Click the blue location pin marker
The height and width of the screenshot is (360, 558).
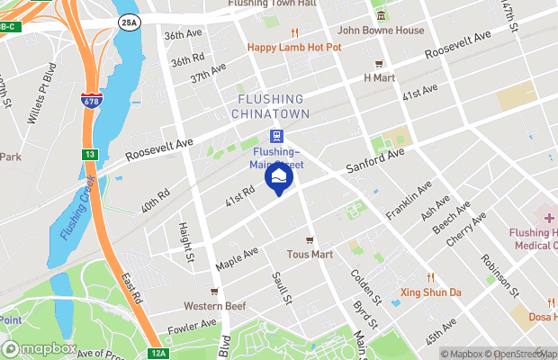click(279, 177)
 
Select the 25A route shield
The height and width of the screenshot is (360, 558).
click(130, 22)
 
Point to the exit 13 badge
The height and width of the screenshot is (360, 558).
click(90, 155)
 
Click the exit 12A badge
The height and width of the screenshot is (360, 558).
click(157, 354)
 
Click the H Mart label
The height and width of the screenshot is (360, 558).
click(380, 77)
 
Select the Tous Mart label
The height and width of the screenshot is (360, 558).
click(310, 254)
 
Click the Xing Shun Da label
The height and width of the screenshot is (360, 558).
click(430, 292)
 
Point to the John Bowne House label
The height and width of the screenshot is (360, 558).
click(380, 30)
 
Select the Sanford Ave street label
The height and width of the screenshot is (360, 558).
click(376, 160)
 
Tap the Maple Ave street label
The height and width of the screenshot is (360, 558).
click(238, 258)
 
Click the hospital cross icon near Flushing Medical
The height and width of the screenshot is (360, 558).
click(549, 219)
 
